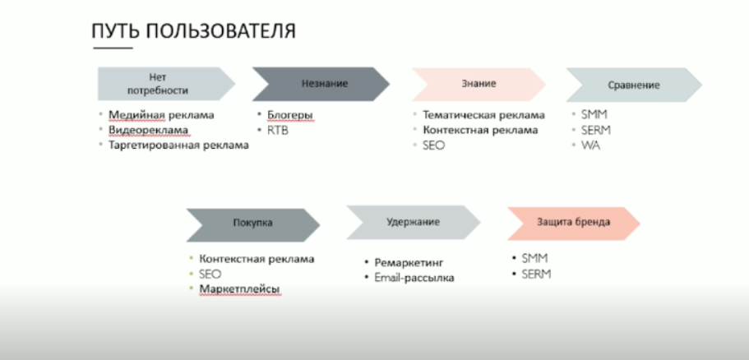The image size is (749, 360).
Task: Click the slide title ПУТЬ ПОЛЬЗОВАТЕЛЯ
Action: tap(193, 31)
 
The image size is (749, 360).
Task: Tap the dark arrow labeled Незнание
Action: tap(320, 83)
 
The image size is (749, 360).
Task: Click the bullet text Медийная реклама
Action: tap(161, 114)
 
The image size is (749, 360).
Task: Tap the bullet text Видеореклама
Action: tap(149, 130)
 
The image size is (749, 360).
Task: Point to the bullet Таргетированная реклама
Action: tap(178, 145)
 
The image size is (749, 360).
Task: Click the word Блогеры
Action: tap(289, 114)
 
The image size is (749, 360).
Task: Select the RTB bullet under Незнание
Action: tap(278, 130)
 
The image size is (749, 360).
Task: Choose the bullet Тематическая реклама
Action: tap(483, 115)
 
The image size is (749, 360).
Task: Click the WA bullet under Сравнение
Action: tap(590, 145)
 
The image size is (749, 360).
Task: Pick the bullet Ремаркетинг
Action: tap(409, 262)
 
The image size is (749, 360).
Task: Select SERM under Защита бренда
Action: tap(536, 274)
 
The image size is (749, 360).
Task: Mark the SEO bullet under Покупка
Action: tap(210, 274)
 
